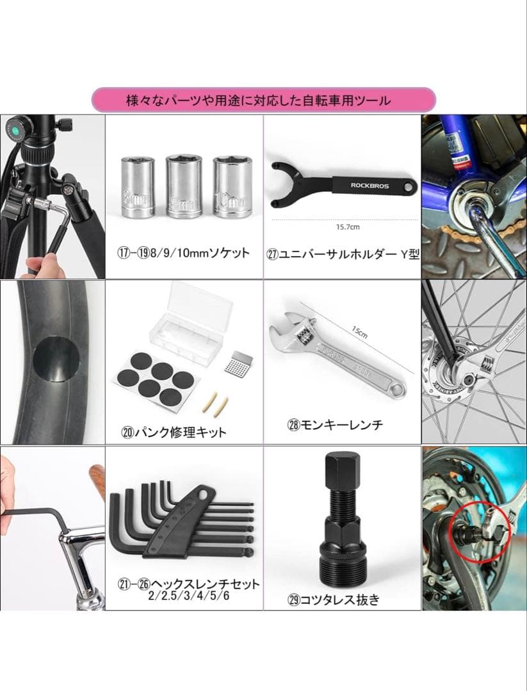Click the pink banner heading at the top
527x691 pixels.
coord(263,100)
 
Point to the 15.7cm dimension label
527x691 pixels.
coord(346,226)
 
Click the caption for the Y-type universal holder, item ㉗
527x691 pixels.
coord(343,254)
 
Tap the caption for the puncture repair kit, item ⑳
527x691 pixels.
coord(174,432)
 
